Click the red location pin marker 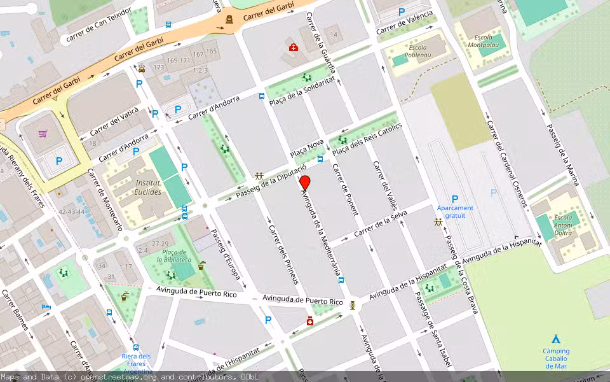304,181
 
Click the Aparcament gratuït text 455,211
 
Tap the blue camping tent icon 556,339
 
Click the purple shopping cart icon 43,134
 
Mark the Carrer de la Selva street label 380,226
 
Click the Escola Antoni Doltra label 563,225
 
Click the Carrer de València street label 404,23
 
